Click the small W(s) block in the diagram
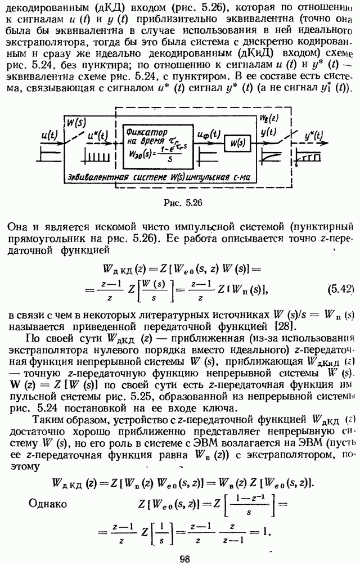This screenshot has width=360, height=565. (x=237, y=143)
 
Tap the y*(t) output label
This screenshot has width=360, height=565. (x=313, y=136)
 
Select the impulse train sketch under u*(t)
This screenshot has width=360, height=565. (x=97, y=155)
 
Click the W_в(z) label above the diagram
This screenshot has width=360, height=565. (x=269, y=118)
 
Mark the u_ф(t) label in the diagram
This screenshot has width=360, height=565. (x=209, y=134)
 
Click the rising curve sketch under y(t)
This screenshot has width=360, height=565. (x=270, y=155)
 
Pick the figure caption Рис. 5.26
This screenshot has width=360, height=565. (x=182, y=203)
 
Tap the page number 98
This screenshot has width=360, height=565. (x=184, y=559)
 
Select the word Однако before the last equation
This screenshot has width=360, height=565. (x=47, y=503)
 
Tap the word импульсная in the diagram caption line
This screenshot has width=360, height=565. (x=209, y=177)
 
